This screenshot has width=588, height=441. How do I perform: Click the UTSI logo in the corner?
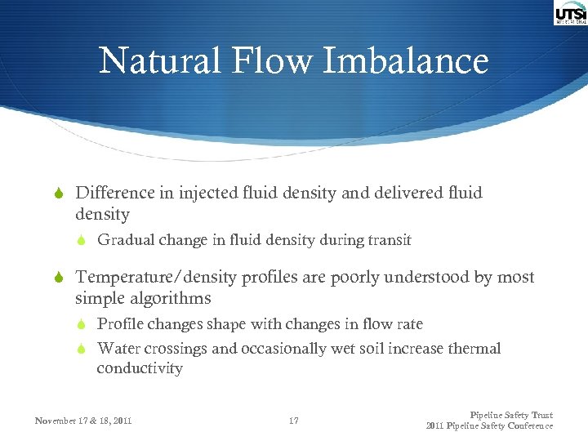click(570, 14)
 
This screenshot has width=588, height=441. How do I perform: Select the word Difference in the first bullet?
click(115, 193)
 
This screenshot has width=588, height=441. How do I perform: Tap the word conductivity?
click(140, 368)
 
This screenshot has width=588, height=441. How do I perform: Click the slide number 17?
click(294, 421)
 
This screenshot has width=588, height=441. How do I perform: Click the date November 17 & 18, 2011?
click(83, 421)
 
